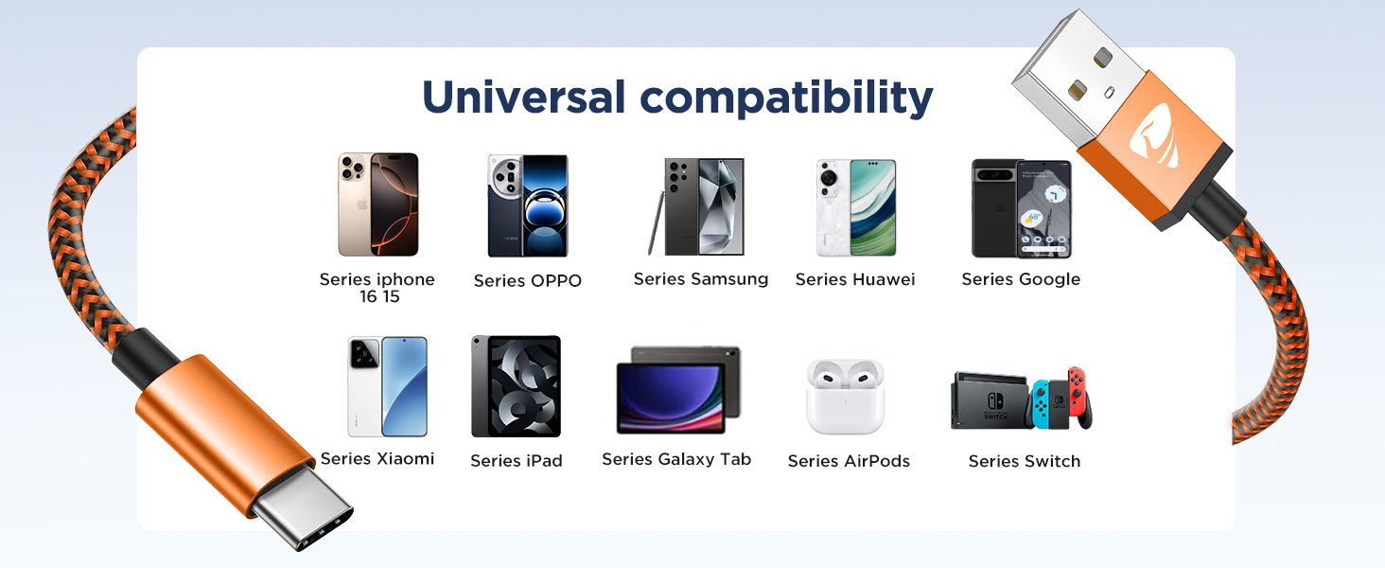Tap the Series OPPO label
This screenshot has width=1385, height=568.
pos(527,281)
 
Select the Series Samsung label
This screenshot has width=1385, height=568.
pos(701,279)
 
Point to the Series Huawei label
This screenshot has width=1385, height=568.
pos(855,279)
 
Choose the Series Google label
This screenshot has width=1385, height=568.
pos(1021,279)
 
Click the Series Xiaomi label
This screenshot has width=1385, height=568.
pos(377,459)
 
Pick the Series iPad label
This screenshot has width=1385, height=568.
pos(517,461)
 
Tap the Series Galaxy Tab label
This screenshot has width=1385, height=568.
pos(676,459)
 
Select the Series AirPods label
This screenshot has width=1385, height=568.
pos(849,461)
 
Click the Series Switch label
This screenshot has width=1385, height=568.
pos(1024,461)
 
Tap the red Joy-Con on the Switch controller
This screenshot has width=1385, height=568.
pos(1077,395)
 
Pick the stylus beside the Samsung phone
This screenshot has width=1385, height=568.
pos(654,222)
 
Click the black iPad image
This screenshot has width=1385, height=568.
pos(516,386)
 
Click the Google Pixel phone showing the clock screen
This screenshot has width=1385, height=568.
pos(1044,209)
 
